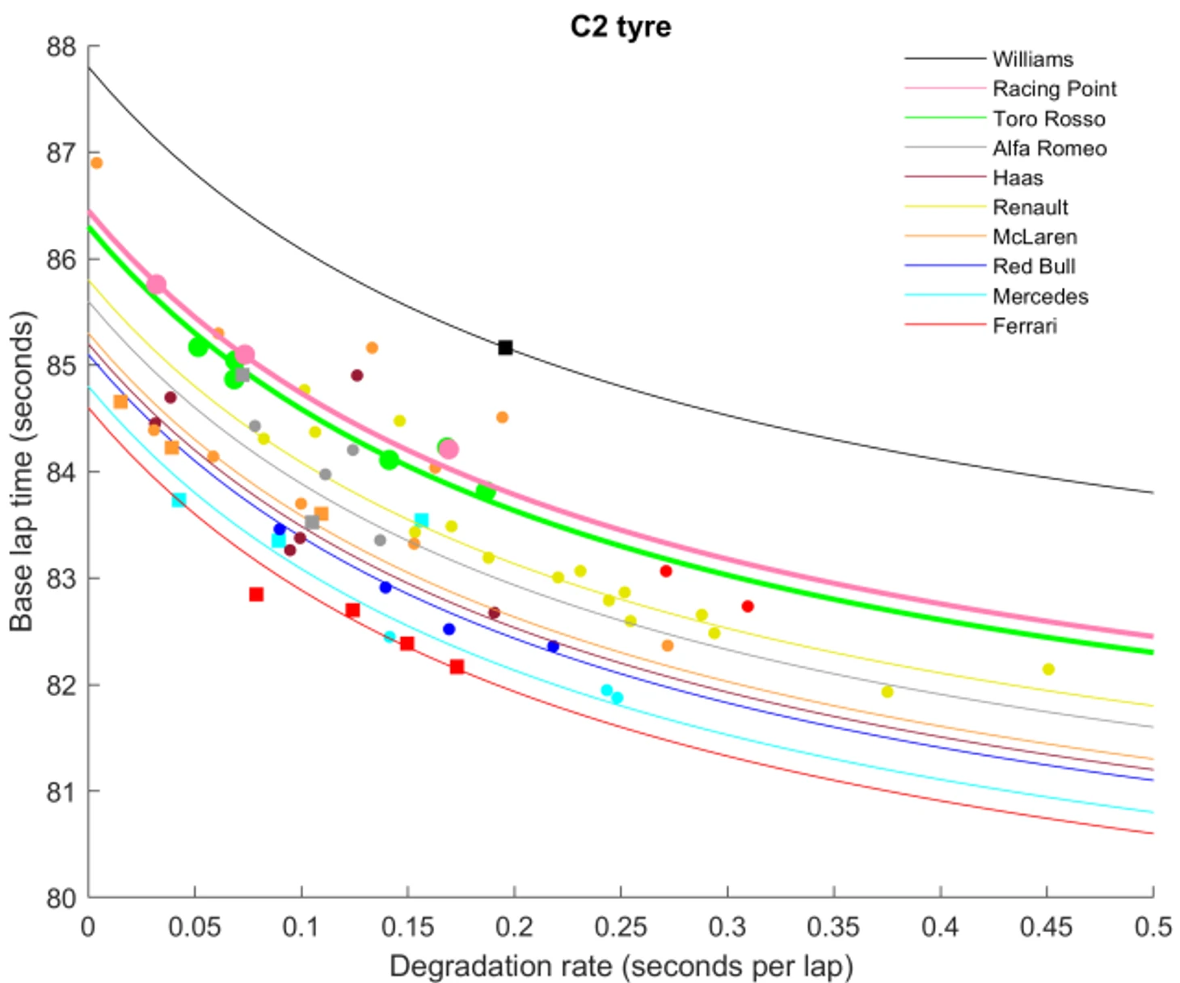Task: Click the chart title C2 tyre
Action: pos(620,27)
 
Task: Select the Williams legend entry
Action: pos(1032,59)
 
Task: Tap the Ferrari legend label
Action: pos(1024,326)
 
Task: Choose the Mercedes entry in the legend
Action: pos(1039,297)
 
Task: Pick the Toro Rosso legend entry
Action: pos(1048,119)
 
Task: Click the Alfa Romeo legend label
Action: pos(1049,149)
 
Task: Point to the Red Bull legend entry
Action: pos(1034,267)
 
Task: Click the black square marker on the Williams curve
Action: pos(505,348)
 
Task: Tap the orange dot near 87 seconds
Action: pos(96,162)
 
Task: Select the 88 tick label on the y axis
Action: pos(61,47)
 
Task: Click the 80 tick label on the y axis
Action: pos(61,897)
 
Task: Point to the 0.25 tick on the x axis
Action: pos(620,926)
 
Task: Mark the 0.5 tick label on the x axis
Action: pos(1153,926)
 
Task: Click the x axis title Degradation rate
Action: pos(620,966)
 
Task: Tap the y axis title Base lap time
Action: pos(22,471)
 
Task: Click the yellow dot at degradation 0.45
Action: pos(1048,669)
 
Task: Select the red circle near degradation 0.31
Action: pos(748,606)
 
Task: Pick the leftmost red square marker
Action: pos(256,594)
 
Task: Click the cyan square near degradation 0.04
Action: pos(179,500)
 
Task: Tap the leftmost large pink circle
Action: pos(157,285)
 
